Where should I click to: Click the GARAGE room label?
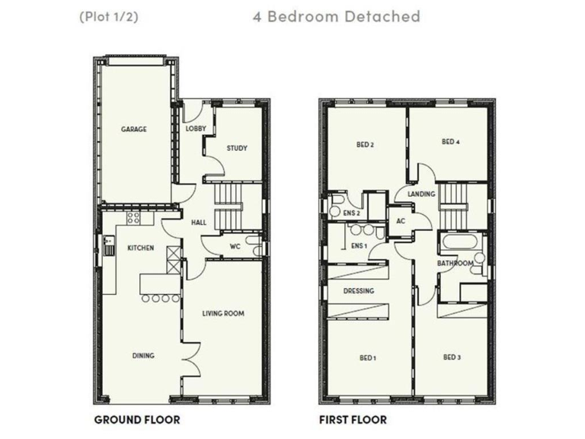pos(133,130)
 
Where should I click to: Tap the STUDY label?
pos(237,148)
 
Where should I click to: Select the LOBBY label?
pos(196,129)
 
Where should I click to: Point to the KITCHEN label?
pos(141,248)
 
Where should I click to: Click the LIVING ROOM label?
pos(222,313)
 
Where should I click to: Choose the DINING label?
pos(143,355)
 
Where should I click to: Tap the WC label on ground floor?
pos(235,246)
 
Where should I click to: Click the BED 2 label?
pos(365,144)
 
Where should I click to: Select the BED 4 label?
pos(450,142)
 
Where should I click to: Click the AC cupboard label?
pos(401,221)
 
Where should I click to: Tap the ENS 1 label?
pos(360,245)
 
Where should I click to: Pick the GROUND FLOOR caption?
pos(137,419)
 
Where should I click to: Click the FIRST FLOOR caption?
pos(353,419)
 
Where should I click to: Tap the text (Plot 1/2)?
pos(108,16)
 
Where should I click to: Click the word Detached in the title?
pos(383,16)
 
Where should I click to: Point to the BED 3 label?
pos(452,357)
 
